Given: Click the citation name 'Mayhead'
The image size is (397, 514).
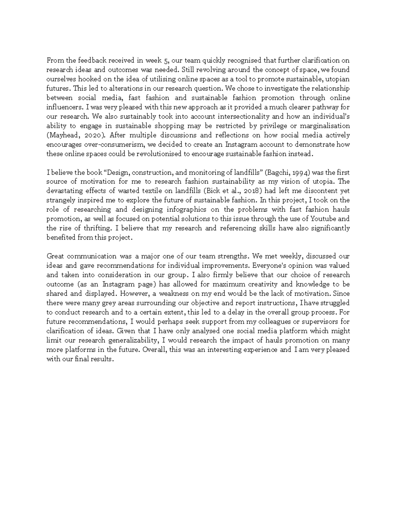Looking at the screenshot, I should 62,135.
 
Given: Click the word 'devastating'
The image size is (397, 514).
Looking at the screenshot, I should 63,191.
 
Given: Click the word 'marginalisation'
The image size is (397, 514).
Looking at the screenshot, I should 326,126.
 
